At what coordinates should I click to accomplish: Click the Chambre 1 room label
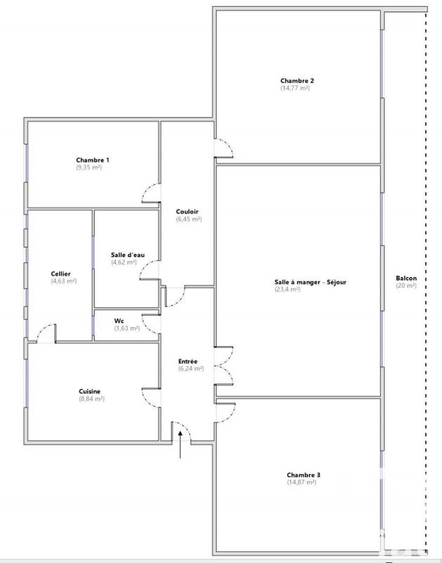[92, 160]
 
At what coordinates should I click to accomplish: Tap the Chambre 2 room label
[297, 81]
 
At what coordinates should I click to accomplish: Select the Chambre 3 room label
[301, 474]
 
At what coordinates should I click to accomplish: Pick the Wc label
[119, 321]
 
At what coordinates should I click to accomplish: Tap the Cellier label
[61, 274]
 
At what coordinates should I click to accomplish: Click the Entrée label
[188, 361]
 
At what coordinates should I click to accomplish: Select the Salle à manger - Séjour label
[311, 282]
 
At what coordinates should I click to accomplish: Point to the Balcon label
[406, 278]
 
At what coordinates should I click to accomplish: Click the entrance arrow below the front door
[181, 445]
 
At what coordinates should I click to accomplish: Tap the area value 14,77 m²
[297, 89]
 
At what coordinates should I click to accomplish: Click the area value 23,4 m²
[288, 289]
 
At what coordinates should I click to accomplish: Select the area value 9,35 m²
[89, 167]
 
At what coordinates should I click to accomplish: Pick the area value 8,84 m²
[91, 399]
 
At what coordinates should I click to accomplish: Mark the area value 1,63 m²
[127, 328]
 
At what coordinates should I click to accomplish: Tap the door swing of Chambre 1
[151, 194]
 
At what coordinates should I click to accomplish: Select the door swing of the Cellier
[46, 332]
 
